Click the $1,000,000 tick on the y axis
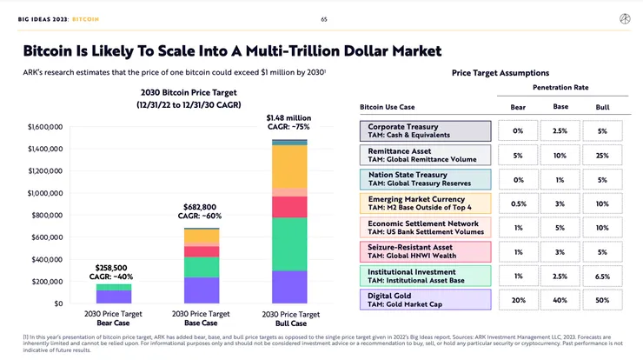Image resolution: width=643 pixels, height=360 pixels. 45,193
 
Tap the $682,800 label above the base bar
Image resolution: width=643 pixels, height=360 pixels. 201,208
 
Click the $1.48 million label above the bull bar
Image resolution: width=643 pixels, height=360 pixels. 288,117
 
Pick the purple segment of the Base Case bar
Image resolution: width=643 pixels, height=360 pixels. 202,290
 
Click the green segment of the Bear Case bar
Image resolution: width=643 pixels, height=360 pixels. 114,287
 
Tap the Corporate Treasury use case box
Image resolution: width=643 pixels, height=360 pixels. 424,131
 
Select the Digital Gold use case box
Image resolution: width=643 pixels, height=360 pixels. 424,301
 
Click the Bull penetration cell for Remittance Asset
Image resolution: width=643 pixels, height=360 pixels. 602,156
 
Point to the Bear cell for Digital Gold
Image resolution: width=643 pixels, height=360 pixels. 518,301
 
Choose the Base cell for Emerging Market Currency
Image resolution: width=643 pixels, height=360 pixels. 560,203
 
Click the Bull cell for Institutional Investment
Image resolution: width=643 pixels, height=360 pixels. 602,277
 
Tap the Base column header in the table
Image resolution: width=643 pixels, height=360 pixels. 560,107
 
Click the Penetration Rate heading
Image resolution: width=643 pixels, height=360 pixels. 560,88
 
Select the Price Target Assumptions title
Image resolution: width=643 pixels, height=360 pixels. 500,73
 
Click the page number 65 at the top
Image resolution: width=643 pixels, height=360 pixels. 323,18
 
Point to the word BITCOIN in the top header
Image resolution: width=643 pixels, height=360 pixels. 85,18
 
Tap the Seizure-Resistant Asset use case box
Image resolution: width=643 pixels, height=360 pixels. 424,252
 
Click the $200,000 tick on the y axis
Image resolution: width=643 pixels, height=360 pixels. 45,282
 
